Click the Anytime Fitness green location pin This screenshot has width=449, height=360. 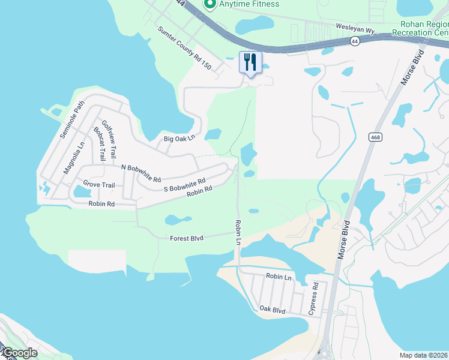pyautogui.click(x=209, y=5)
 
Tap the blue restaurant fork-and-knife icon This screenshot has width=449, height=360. pyautogui.click(x=250, y=62)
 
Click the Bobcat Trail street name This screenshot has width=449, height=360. pyautogui.click(x=98, y=143)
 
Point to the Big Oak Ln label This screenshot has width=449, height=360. pyautogui.click(x=179, y=139)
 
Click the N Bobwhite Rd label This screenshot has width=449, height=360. pyautogui.click(x=141, y=173)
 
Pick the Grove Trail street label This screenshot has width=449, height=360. pyautogui.click(x=99, y=184)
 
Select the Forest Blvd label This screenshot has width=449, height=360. pyautogui.click(x=187, y=238)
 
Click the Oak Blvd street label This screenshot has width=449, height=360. pyautogui.click(x=272, y=309)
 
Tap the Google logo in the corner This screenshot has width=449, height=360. pyautogui.click(x=19, y=353)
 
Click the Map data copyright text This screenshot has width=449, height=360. pyautogui.click(x=424, y=355)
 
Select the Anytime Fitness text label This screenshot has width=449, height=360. pyautogui.click(x=249, y=4)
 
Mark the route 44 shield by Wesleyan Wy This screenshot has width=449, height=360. pyautogui.click(x=356, y=41)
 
